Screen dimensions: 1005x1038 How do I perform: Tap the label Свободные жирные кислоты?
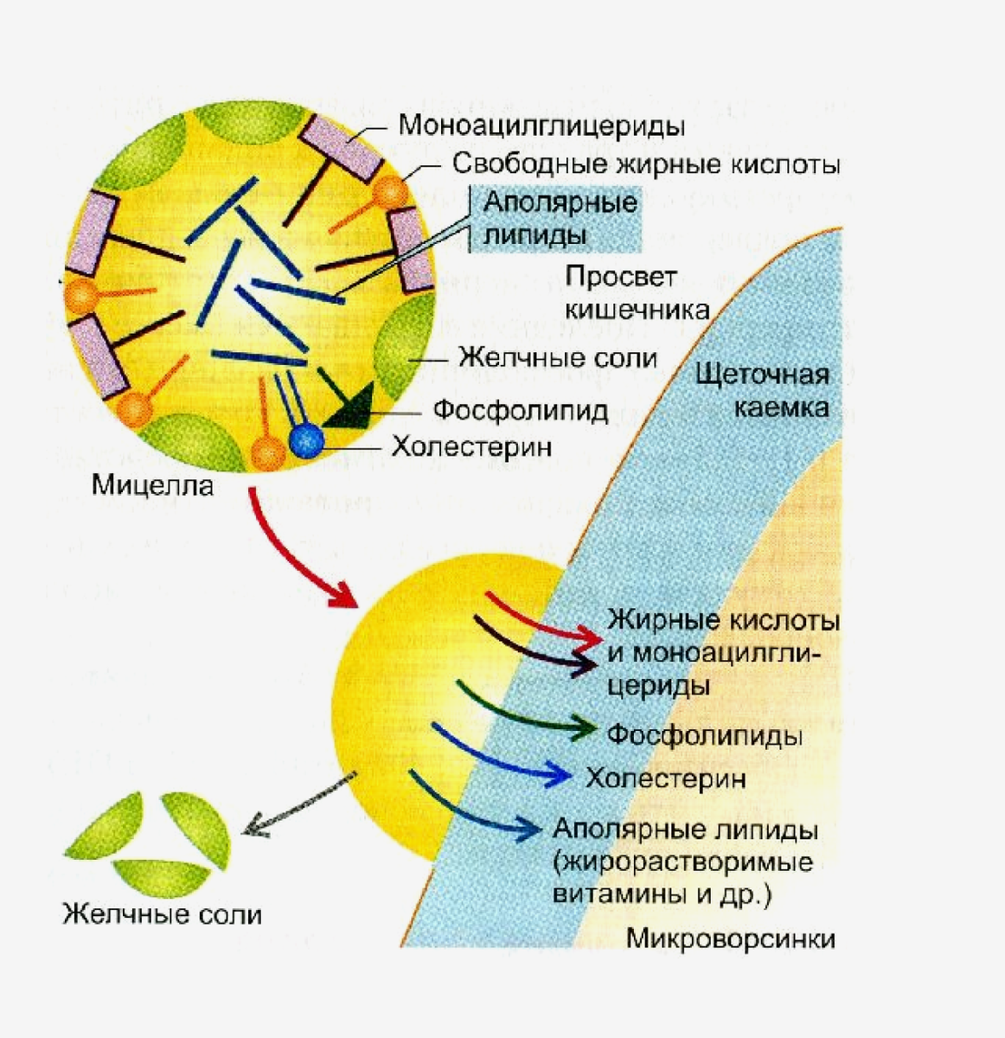pos(646,164)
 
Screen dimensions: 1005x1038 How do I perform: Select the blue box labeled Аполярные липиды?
pos(555,220)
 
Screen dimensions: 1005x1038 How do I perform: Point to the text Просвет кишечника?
pos(637,292)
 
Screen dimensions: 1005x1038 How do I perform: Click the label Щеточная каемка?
pos(762,390)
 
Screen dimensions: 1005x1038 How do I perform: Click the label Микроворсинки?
pos(731,939)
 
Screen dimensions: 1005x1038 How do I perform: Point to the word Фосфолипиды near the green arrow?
pos(704,735)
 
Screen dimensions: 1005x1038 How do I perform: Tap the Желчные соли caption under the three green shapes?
pos(162,914)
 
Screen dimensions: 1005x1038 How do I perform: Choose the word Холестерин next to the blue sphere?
pos(471,446)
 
